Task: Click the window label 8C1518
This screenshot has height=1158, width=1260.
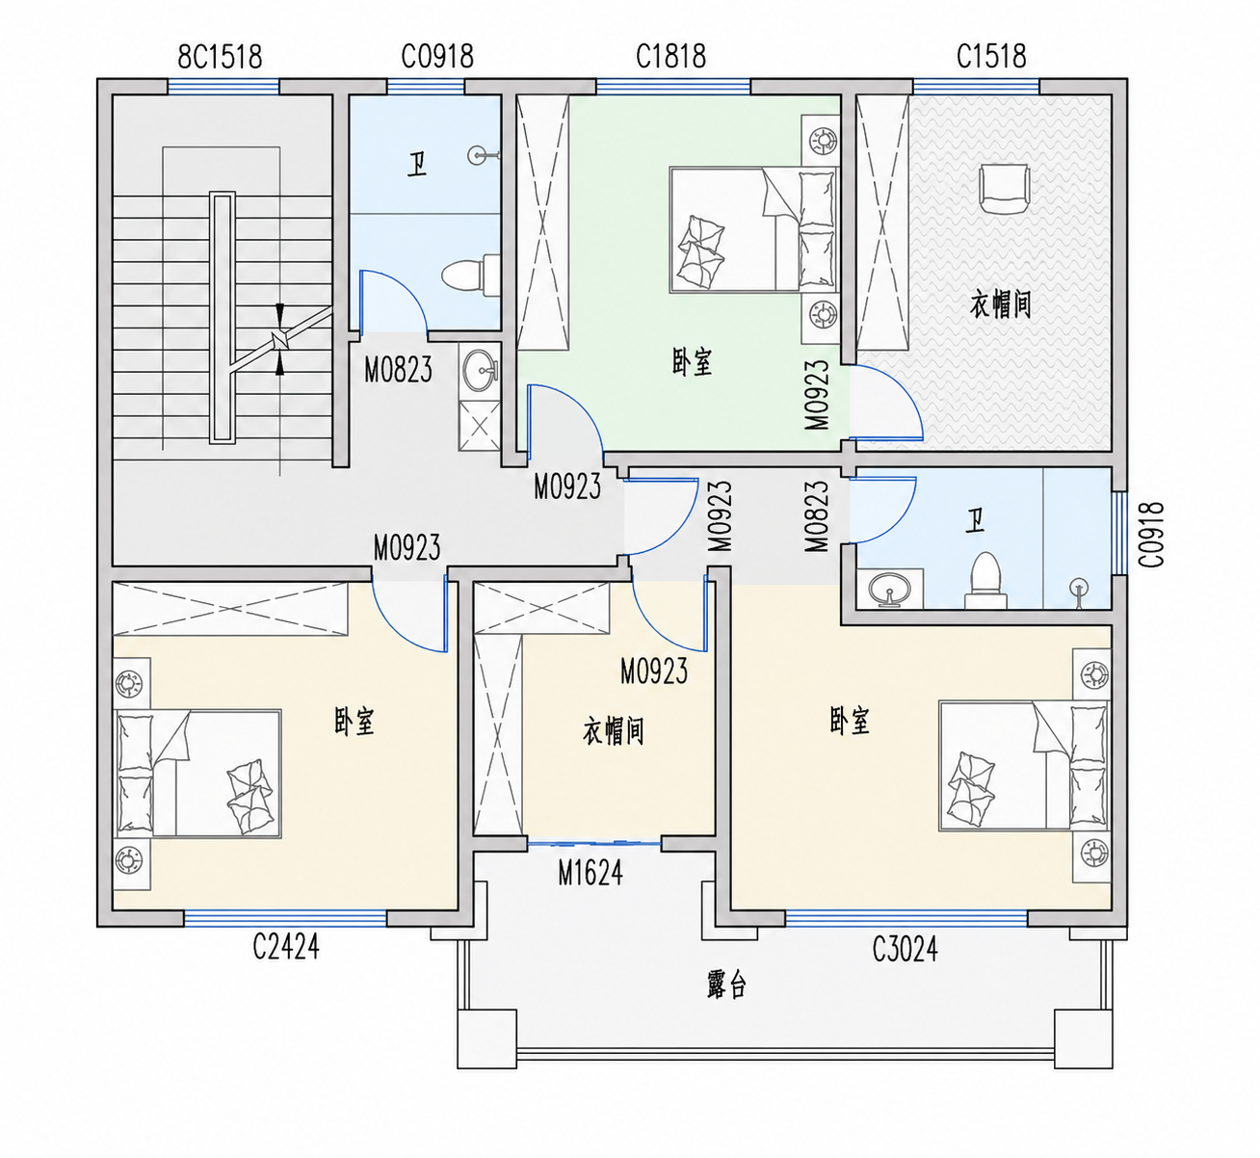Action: point(220,57)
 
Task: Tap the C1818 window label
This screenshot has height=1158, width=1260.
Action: point(670,56)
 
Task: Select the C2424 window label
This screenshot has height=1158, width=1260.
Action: point(286,946)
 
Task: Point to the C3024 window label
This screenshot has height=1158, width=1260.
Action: point(905,949)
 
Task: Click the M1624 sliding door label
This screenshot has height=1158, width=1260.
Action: point(591,873)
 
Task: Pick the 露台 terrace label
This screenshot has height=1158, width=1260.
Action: point(726,984)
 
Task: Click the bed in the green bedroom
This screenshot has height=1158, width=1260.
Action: point(753,229)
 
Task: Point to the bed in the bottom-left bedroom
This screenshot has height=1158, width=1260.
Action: point(197,775)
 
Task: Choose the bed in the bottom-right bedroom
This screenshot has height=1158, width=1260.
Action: point(1024,766)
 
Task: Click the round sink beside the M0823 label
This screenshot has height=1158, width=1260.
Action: point(480,369)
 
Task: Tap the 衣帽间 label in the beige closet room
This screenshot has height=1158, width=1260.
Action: point(613,731)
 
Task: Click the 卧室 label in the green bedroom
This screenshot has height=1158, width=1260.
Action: point(692,362)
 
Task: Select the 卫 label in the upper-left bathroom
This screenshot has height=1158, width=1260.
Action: point(416,167)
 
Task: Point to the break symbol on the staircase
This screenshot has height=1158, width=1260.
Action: point(280,340)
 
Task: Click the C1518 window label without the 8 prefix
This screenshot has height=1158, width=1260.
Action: point(991,56)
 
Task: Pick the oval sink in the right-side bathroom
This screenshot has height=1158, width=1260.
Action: point(889,590)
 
